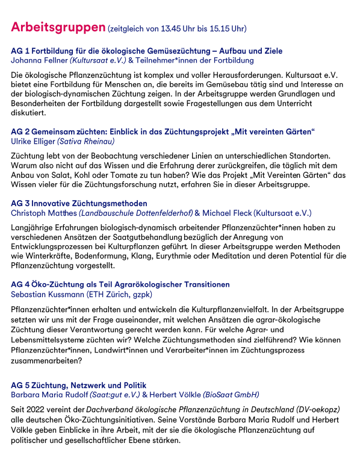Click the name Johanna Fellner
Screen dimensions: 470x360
click(x=39, y=60)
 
